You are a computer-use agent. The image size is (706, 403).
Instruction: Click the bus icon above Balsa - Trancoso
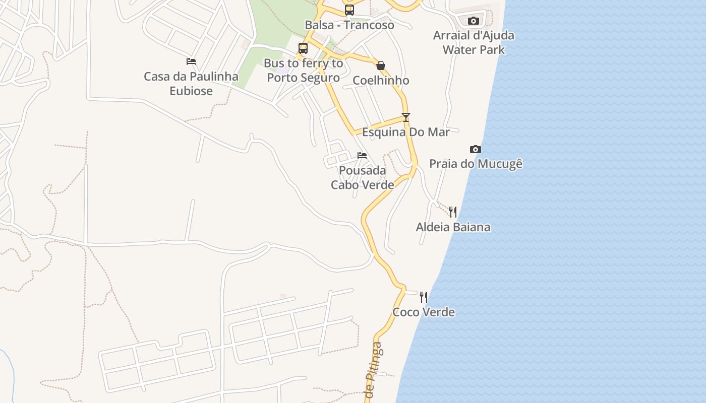349,10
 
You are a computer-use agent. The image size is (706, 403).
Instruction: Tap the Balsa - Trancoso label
349,25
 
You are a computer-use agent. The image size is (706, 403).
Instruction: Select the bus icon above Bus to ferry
303,48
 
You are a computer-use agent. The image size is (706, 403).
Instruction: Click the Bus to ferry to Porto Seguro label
303,71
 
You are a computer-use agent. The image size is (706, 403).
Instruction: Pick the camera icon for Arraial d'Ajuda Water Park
473,21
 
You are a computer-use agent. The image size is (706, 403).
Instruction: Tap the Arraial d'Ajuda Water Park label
474,42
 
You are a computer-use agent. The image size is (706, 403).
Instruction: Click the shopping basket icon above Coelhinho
381,65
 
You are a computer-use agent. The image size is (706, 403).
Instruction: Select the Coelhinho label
381,81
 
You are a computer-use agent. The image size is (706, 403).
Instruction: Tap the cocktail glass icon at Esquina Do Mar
406,117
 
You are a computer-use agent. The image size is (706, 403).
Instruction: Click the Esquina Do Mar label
406,132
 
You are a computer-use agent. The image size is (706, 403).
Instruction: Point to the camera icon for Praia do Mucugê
475,149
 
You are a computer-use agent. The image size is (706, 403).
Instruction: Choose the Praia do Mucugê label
476,164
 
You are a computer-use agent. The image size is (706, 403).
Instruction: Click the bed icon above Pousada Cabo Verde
362,155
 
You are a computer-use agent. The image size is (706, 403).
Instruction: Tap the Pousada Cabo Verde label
362,178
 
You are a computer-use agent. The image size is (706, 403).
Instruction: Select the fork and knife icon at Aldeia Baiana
453,212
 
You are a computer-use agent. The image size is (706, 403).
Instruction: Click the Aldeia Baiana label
453,227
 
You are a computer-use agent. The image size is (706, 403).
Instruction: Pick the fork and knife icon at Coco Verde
424,297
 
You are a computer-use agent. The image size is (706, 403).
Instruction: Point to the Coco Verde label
424,312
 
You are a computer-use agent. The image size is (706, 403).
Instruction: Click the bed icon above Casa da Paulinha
191,61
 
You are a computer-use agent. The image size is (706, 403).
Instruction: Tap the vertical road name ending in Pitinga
374,370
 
